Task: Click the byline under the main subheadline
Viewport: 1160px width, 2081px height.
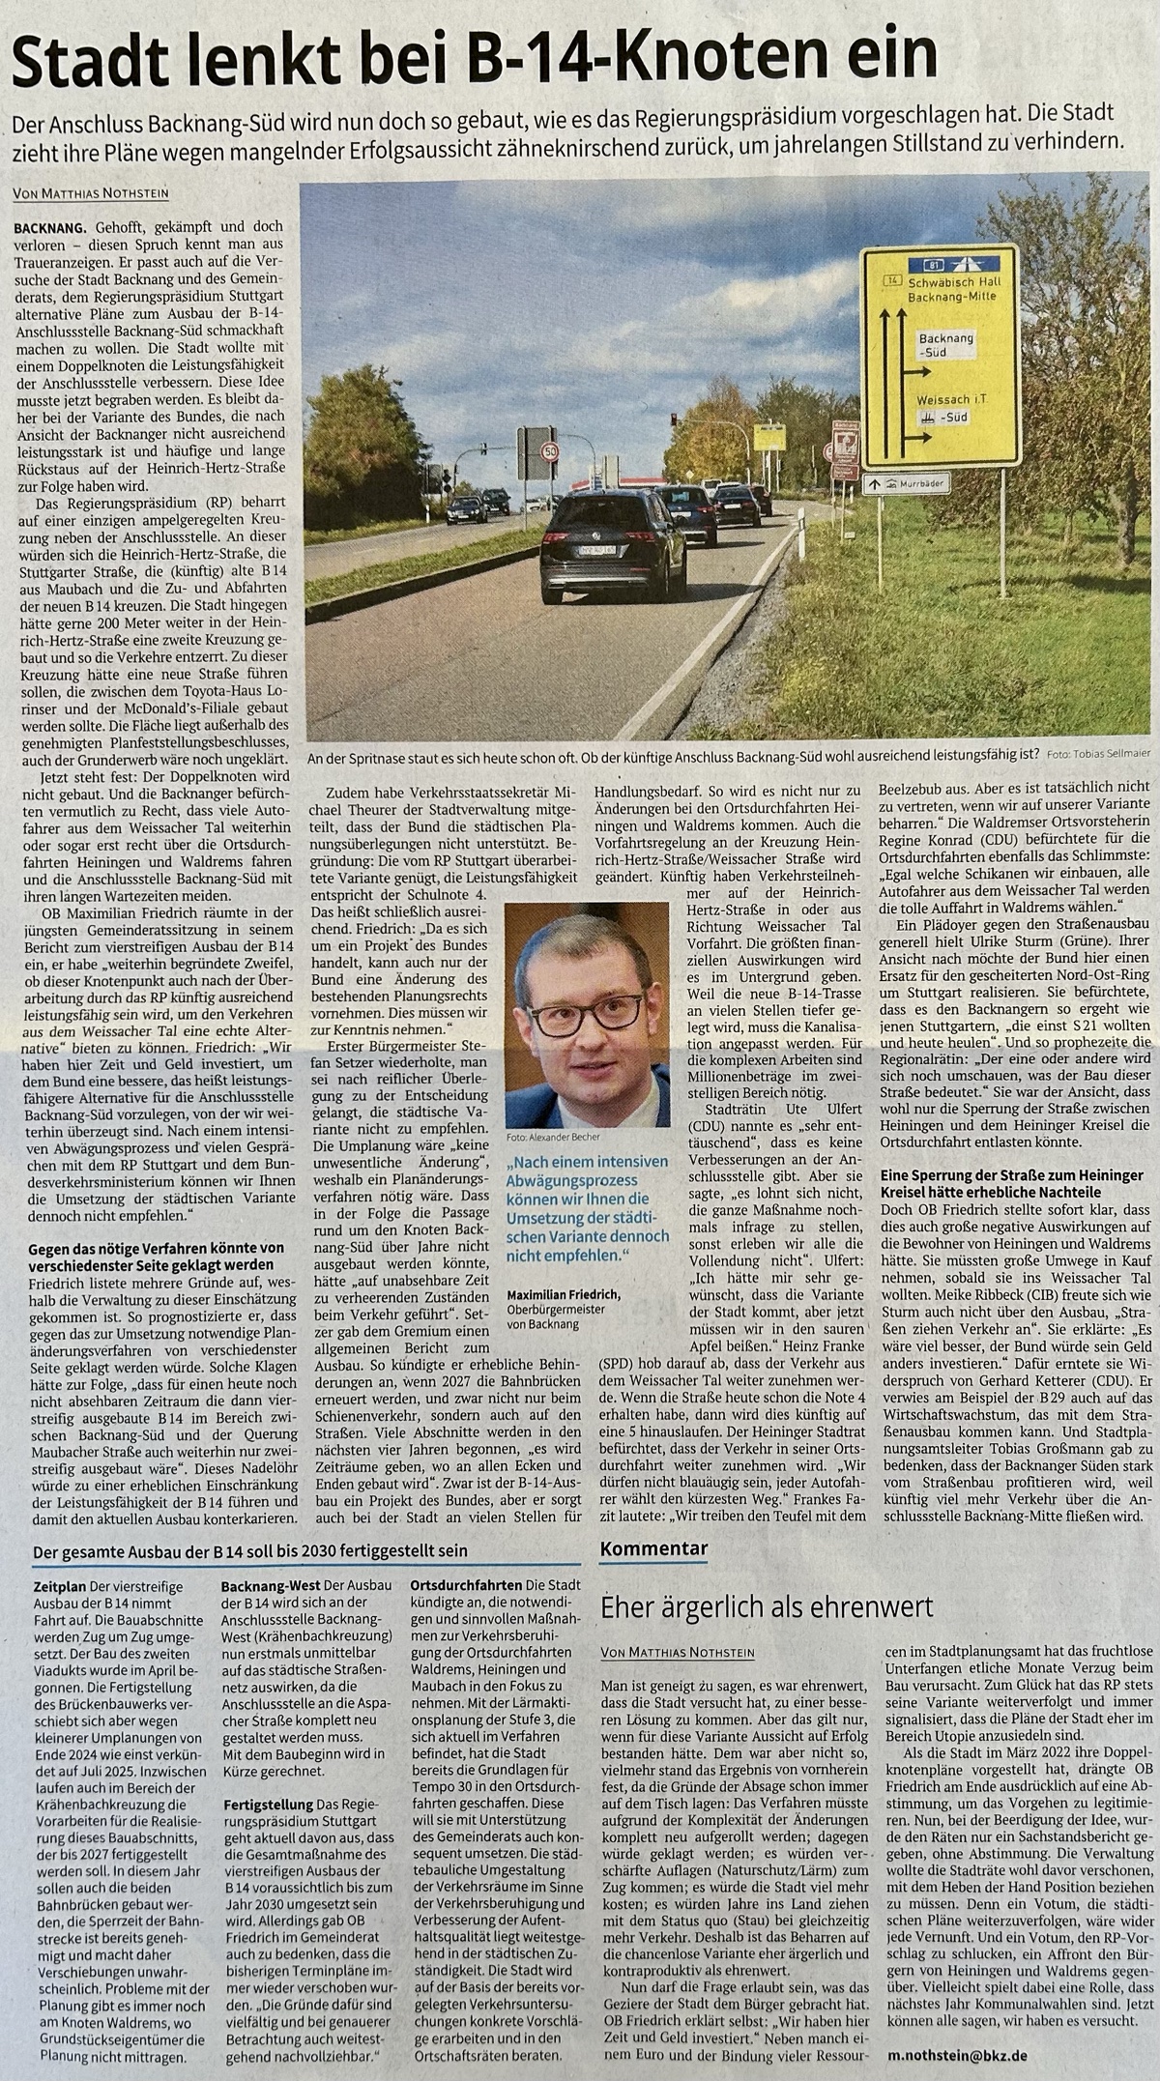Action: click(x=92, y=193)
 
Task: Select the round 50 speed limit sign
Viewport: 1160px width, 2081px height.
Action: click(x=550, y=450)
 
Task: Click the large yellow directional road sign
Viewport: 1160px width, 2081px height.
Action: click(x=939, y=353)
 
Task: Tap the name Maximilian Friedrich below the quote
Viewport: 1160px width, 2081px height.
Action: click(x=565, y=1293)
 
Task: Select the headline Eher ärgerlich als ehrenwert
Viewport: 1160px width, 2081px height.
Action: click(x=767, y=1607)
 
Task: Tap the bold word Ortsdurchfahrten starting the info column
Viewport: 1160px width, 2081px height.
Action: click(x=467, y=1587)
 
